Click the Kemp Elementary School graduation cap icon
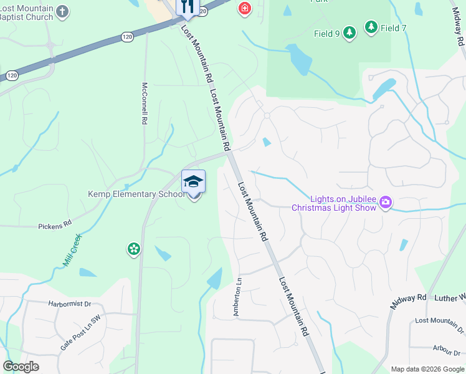coord(193,181)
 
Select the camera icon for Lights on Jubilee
coord(386,202)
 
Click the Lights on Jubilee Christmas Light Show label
coord(334,203)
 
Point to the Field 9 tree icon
coord(349,32)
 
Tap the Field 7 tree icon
coord(371,27)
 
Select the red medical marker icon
coord(244,8)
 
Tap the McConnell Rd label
coord(145,103)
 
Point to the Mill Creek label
coord(73,251)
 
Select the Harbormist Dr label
coord(69,304)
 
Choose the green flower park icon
coord(133,249)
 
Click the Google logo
coord(21,367)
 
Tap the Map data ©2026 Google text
coord(427,369)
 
